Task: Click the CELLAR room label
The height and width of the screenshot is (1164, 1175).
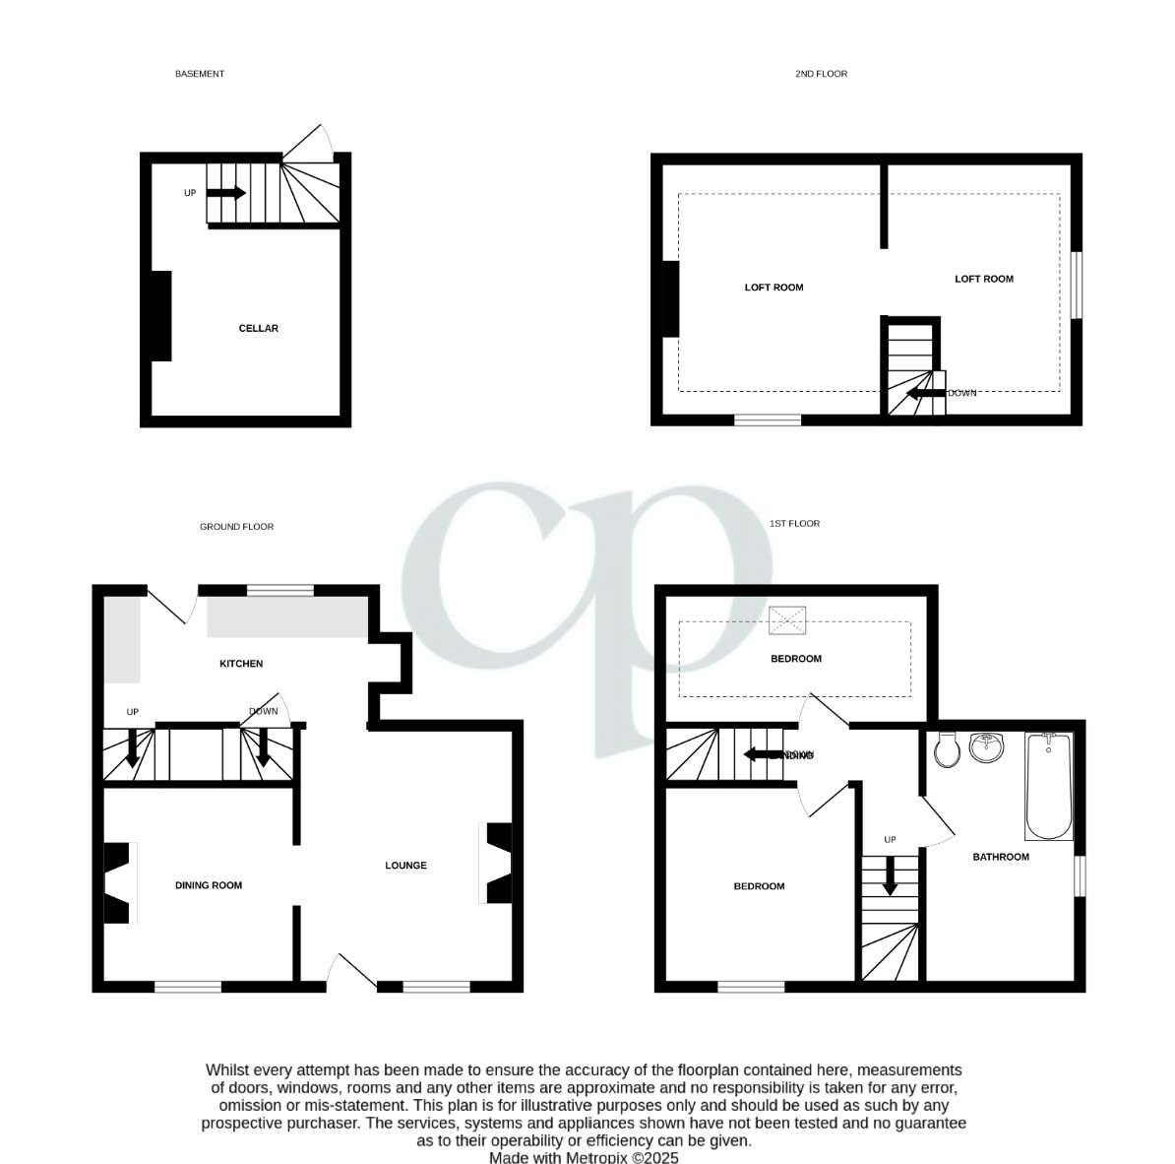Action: point(259,328)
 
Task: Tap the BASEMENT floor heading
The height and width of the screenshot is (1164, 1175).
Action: point(200,74)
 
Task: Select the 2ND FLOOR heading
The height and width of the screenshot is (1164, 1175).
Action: point(821,74)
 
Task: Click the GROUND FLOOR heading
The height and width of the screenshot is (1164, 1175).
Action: point(236,527)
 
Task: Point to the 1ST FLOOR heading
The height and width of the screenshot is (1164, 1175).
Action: point(794,524)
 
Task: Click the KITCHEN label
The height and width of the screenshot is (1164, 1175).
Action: point(241,664)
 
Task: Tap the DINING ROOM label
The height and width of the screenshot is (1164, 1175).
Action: point(209,885)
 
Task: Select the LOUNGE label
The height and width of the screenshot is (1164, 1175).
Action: point(405,866)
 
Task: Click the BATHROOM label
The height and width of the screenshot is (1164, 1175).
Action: point(1001,857)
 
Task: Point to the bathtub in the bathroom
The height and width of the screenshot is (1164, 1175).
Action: point(1049,786)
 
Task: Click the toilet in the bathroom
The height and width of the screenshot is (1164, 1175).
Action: point(947,750)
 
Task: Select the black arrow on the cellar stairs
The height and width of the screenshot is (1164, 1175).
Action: point(225,193)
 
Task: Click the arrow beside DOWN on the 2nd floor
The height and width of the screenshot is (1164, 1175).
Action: point(925,394)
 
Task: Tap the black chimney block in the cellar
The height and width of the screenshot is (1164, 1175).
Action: point(160,316)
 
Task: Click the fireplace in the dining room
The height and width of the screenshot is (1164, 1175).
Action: point(117,883)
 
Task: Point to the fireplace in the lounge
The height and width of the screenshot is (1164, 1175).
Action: point(499,863)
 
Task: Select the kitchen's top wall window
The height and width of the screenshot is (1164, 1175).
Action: point(280,591)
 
